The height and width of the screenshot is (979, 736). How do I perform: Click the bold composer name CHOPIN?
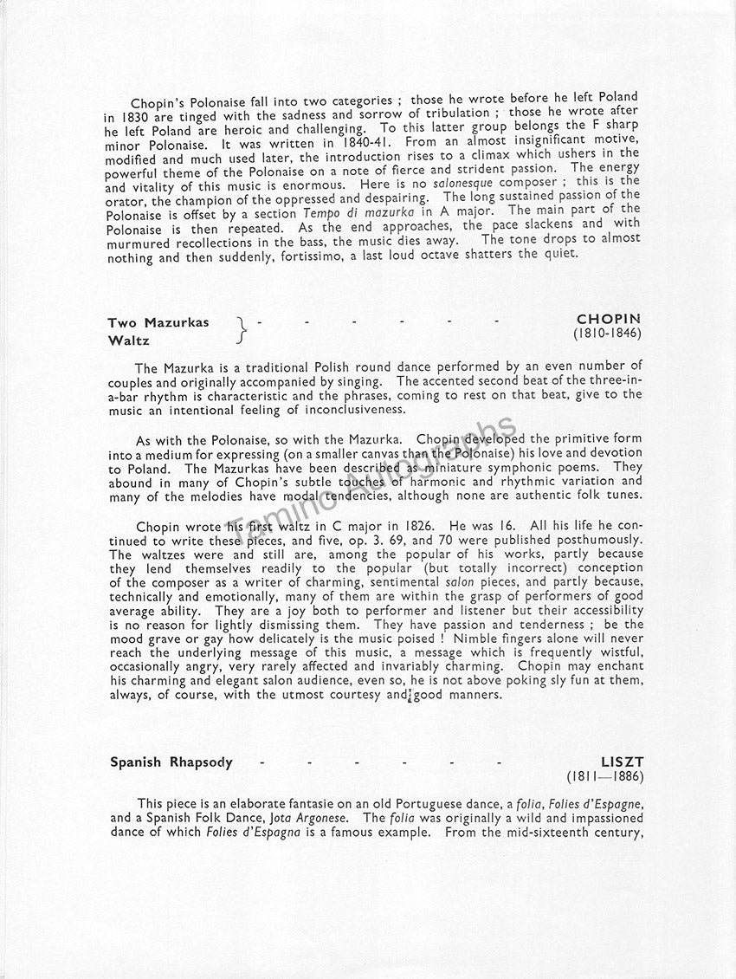click(x=609, y=319)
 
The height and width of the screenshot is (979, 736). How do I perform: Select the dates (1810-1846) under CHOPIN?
click(x=607, y=334)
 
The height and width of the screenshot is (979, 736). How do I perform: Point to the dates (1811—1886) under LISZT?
click(x=605, y=777)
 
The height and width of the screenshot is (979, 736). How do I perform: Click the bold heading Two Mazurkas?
click(x=158, y=322)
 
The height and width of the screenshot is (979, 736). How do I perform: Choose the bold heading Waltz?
click(x=129, y=341)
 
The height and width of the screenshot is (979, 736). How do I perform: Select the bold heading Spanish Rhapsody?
click(x=171, y=762)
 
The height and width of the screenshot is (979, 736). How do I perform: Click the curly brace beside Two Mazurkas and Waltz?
click(x=242, y=331)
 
